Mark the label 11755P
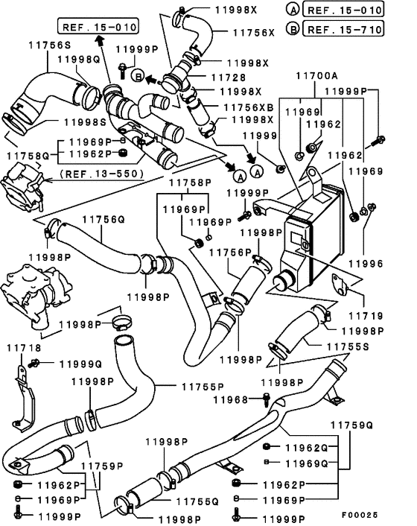(x=203, y=387)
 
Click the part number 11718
(x=24, y=348)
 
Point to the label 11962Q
(x=306, y=448)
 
